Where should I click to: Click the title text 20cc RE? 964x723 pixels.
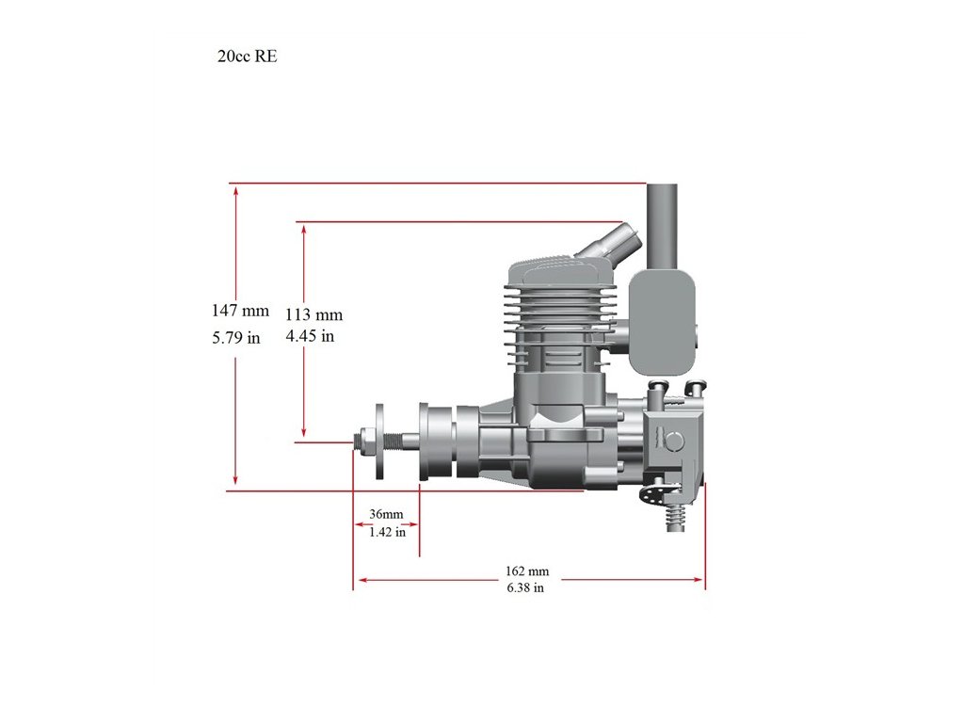point(248,56)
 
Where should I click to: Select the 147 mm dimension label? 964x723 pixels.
point(240,311)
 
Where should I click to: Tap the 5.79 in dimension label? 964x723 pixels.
point(236,338)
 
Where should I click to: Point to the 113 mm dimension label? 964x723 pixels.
point(313,314)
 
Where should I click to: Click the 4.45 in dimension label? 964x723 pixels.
point(310,336)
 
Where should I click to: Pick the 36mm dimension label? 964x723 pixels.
point(386,514)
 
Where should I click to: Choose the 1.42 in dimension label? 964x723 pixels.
point(387,532)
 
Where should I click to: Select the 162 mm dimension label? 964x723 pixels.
point(527,571)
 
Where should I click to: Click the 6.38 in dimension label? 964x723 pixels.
point(525,587)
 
